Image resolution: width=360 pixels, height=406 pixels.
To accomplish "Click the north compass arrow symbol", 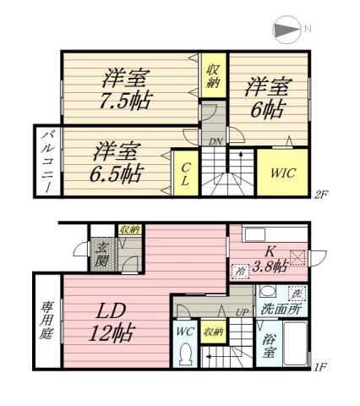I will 286,30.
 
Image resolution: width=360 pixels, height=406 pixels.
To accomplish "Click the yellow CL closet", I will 183,173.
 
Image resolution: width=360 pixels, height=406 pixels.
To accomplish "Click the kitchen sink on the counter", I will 254,233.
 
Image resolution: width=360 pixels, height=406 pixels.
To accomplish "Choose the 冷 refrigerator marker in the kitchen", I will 241,272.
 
